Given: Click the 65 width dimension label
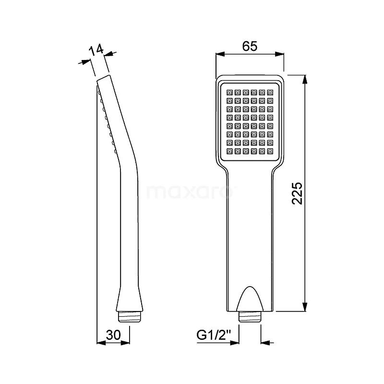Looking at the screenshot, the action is point(250,46).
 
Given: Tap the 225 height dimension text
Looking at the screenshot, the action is point(298,193).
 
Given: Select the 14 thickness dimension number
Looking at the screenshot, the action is point(96,50).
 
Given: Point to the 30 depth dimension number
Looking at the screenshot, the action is point(113,335).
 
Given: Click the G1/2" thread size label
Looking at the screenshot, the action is point(214,335).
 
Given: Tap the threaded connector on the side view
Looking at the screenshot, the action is point(129,316).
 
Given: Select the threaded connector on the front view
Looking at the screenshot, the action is point(250,316).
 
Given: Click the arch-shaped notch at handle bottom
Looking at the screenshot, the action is point(250,299).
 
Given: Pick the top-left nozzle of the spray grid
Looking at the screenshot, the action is point(229,93).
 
